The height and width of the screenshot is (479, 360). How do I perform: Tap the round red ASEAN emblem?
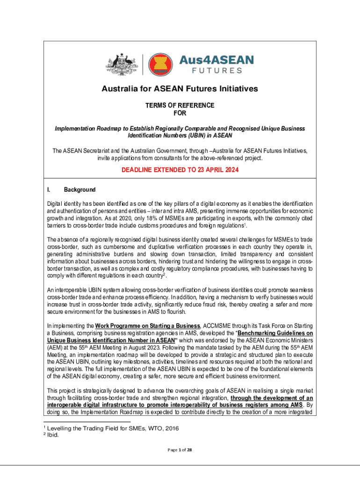160,65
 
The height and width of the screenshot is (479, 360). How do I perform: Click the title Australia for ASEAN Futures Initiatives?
180,89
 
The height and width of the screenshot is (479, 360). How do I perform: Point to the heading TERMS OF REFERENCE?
180,105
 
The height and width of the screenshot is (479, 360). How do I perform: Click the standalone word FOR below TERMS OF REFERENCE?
180,113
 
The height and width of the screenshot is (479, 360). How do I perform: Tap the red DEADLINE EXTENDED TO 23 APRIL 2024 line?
180,170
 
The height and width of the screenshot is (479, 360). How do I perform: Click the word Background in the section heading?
79,190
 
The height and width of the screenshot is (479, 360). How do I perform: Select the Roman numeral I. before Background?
49,190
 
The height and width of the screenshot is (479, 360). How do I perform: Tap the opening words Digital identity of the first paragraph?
64,204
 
